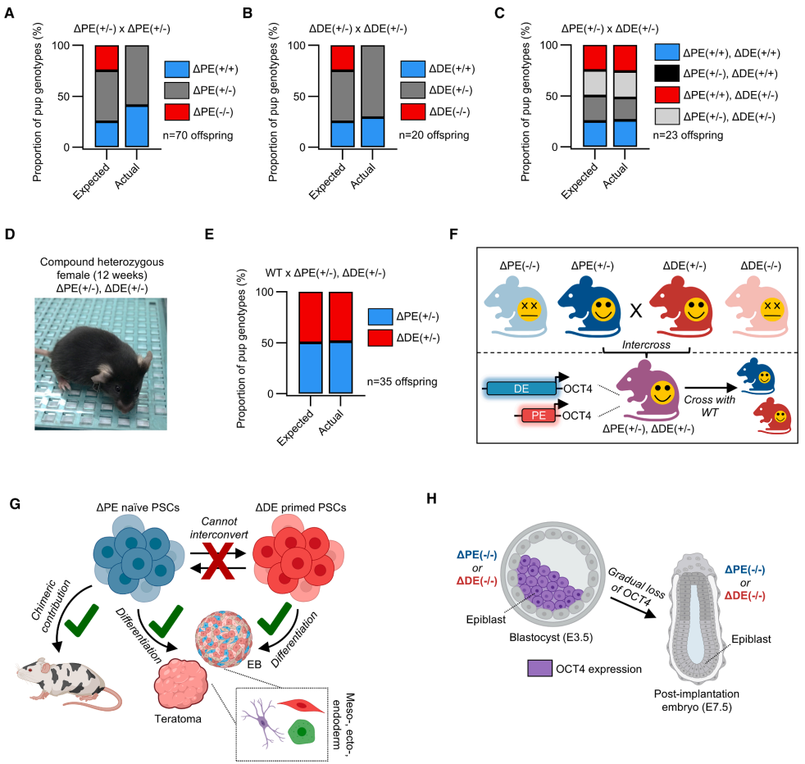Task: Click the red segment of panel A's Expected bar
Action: point(106,57)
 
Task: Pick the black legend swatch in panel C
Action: point(668,73)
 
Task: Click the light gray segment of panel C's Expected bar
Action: point(594,83)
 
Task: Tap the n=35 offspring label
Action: point(417,381)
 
